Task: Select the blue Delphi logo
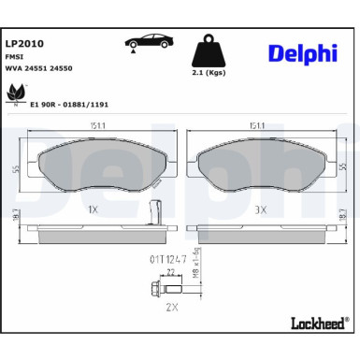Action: click(302, 54)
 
